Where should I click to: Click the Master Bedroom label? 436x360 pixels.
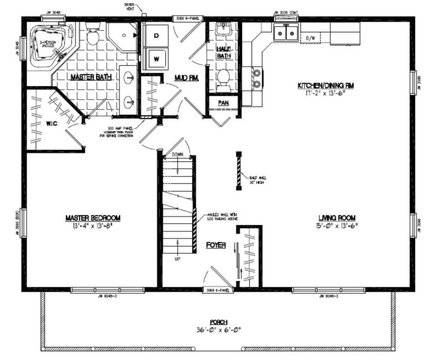click(x=93, y=217)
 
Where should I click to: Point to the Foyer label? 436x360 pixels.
click(x=216, y=245)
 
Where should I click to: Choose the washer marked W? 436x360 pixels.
click(x=155, y=57)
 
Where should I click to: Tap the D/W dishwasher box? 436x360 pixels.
click(x=311, y=38)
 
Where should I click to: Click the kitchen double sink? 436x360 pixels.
click(x=285, y=34)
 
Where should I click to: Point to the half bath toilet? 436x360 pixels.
click(x=223, y=78)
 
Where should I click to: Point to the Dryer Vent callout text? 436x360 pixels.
click(x=129, y=7)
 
